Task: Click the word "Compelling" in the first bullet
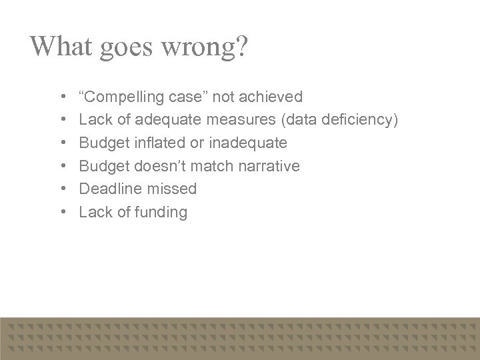[125, 97]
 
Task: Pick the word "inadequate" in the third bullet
[251, 143]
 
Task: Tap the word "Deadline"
[108, 189]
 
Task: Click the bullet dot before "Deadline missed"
[62, 189]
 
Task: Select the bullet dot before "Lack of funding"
[62, 213]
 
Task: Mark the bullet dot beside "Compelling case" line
[62, 97]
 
